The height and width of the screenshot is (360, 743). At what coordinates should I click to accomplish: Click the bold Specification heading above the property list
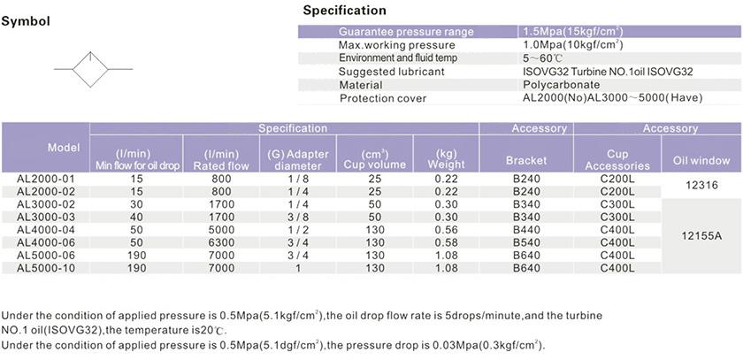point(344,11)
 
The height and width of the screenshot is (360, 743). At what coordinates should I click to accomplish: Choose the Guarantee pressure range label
point(406,32)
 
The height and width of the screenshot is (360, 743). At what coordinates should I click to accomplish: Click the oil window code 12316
point(701,185)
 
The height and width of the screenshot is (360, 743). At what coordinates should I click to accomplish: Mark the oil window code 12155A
point(701,235)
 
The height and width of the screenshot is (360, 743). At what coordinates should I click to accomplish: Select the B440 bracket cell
point(526,229)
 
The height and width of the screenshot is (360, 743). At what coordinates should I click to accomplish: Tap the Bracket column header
point(526,161)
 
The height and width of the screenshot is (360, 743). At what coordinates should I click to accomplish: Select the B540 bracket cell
point(526,242)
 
